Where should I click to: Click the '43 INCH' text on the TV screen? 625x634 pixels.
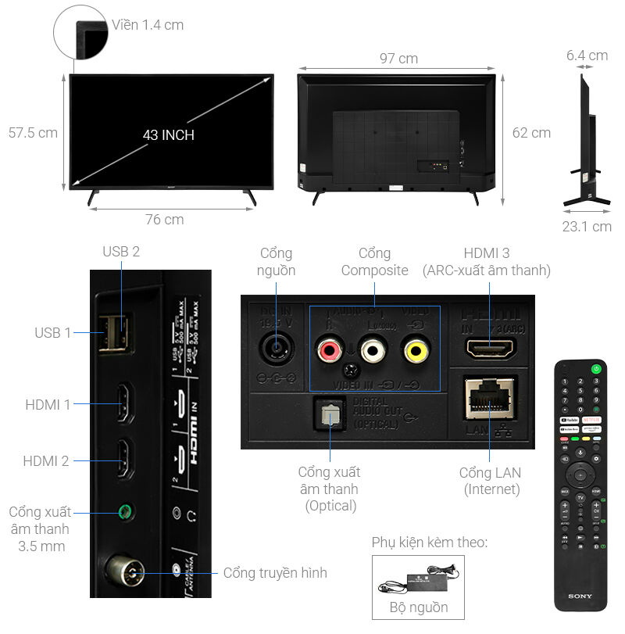pos(168,134)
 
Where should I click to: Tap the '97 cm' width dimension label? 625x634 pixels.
pos(398,59)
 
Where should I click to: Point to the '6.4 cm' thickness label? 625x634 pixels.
pos(587,56)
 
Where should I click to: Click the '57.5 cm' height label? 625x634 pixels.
pos(33,133)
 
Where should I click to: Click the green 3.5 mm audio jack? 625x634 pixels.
pos(123,513)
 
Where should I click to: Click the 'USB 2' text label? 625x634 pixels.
pos(121,252)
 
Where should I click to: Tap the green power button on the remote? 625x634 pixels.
pos(597,368)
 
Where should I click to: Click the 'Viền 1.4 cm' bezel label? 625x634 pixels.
pos(148,25)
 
